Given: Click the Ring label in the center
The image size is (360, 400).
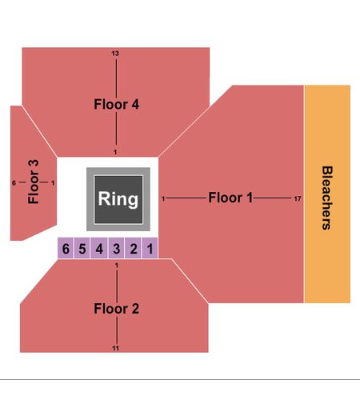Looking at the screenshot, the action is coord(118,199).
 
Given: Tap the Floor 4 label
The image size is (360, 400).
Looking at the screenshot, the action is coord(116,104).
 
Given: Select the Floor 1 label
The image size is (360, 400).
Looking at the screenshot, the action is coord(230,198).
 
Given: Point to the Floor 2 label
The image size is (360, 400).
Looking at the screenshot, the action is coord(116,309).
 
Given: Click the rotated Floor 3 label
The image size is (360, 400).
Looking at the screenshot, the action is coord(34,182).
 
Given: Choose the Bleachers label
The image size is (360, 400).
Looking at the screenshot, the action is coord(327,198).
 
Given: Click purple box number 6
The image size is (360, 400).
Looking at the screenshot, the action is coord(66,249).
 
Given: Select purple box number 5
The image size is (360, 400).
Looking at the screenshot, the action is coord(82,249).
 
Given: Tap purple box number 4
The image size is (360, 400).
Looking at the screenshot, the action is coord(99,249).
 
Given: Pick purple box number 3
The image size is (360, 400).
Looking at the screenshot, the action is coord(116,249).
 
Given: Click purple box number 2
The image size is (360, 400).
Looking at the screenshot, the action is coord(134,249).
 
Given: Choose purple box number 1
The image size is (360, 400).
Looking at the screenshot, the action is coord(150,249).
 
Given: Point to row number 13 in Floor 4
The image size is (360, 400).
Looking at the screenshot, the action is coord(115,54).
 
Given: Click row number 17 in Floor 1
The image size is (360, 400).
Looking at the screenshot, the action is coord(298,198).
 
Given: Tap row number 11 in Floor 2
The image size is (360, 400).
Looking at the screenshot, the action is coord(115,348).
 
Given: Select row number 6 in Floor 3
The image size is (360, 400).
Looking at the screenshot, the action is coord(14,182).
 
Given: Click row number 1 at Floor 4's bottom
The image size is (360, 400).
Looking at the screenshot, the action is coord(115,152).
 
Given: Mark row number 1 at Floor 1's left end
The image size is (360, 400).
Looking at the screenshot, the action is coord(163,198).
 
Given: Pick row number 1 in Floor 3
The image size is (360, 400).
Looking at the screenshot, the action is coord(53,183).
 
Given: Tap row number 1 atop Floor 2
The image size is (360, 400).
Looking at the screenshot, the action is coord(117,266).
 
